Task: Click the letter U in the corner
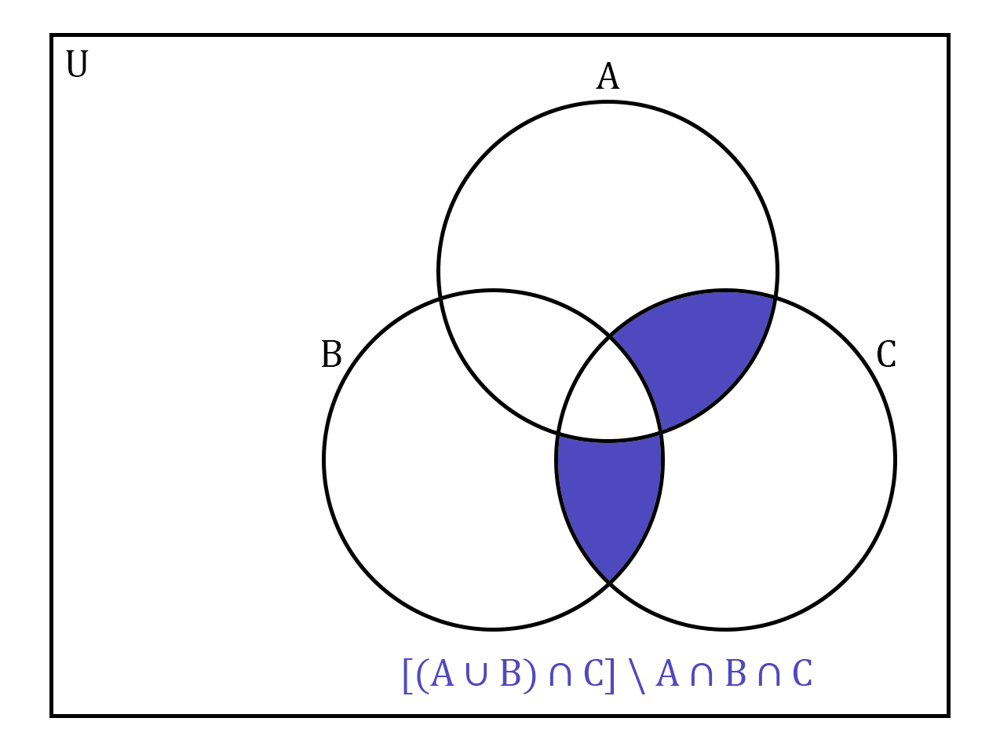pyautogui.click(x=77, y=65)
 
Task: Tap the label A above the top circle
pyautogui.click(x=608, y=77)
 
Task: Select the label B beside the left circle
pyautogui.click(x=331, y=355)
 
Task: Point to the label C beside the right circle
pyautogui.click(x=886, y=355)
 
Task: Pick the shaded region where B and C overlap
pyautogui.click(x=609, y=495)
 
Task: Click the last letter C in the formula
pyautogui.click(x=802, y=674)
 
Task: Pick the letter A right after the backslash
pyautogui.click(x=667, y=674)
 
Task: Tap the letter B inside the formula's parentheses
pyautogui.click(x=511, y=674)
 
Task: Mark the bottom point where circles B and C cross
pyautogui.click(x=609, y=583)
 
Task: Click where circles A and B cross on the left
pyautogui.click(x=441, y=299)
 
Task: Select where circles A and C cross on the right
pyautogui.click(x=776, y=299)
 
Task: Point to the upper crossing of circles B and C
pyautogui.click(x=610, y=337)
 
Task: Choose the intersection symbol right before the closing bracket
pyautogui.click(x=560, y=675)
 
